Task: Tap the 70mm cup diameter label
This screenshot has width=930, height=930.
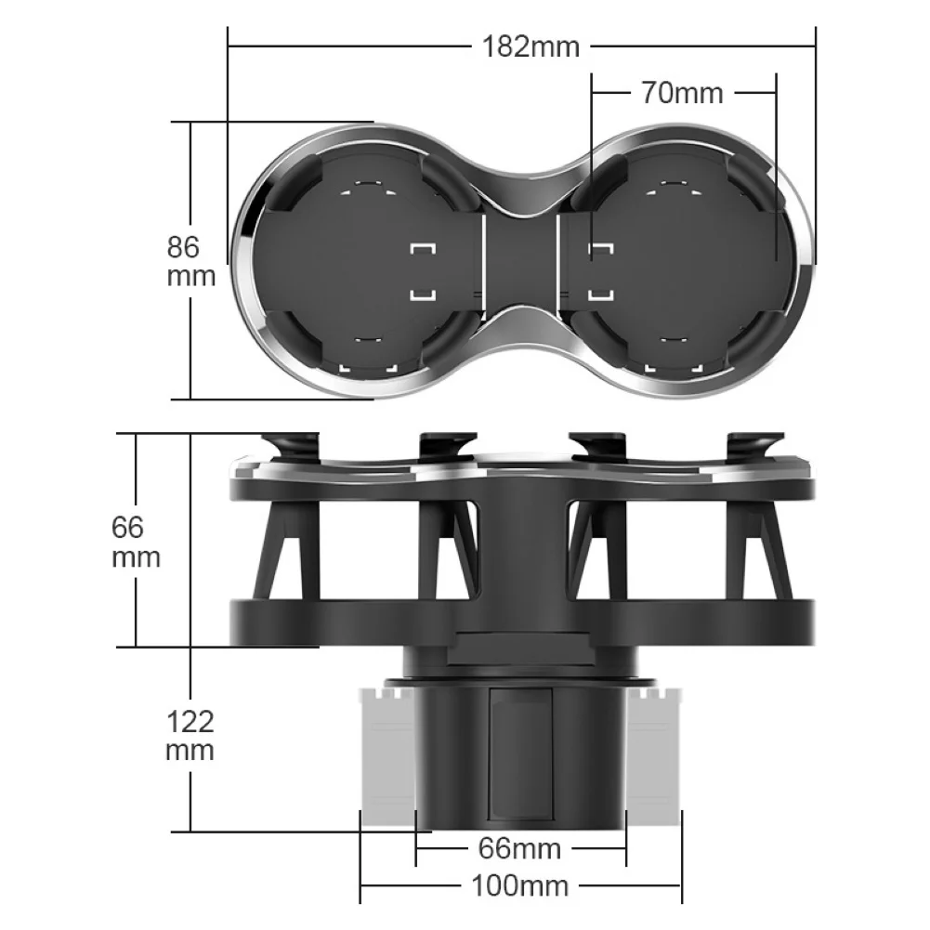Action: click(x=682, y=92)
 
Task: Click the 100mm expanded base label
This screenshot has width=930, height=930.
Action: click(x=519, y=885)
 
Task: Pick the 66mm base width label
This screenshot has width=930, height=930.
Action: click(x=519, y=848)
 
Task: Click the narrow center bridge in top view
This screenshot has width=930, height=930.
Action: click(x=520, y=260)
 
